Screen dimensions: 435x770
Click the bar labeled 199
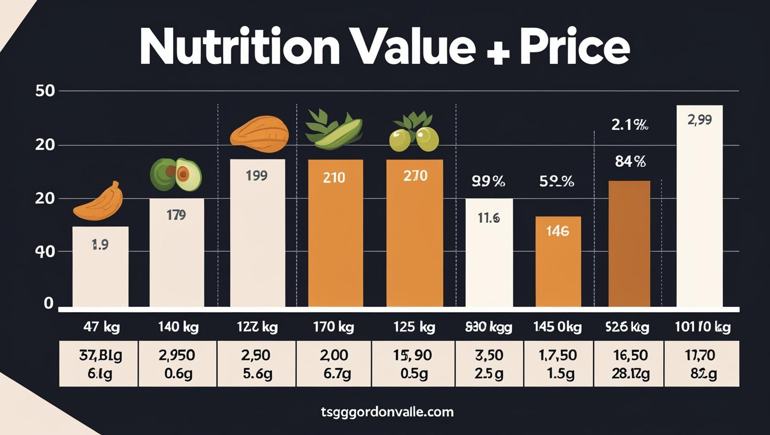[x=257, y=233]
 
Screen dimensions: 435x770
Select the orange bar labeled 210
[x=335, y=233]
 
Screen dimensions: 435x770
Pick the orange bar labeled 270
[x=414, y=233]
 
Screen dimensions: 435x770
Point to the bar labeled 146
[x=558, y=261]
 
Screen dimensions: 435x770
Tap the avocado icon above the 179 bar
[x=176, y=175]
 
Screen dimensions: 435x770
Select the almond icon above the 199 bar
[x=259, y=134]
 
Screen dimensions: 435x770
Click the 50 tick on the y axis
[x=45, y=91]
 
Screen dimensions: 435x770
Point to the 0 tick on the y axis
[x=49, y=303]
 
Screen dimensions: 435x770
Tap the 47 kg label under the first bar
[x=101, y=328]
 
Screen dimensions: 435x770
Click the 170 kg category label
[x=333, y=328]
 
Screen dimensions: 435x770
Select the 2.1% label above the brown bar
[x=630, y=125]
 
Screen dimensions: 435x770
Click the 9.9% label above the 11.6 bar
[x=488, y=182]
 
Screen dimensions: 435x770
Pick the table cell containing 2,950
[x=177, y=364]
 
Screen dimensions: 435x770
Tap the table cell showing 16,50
[x=630, y=364]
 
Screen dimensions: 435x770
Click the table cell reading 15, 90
[x=413, y=364]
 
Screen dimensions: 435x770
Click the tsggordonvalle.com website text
[x=387, y=412]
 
